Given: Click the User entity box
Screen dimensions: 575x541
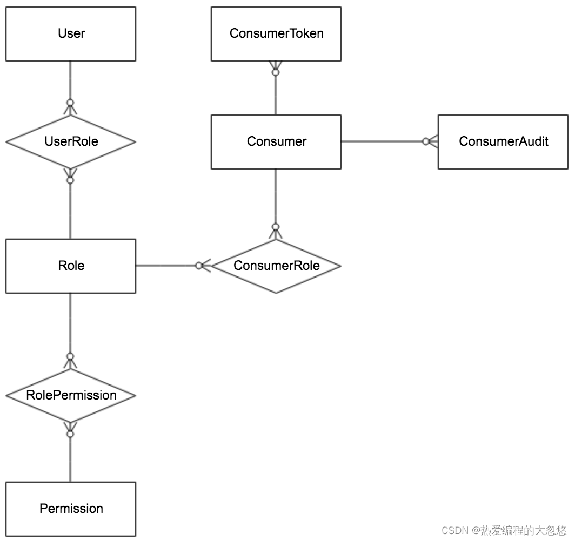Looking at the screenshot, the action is click(x=71, y=33).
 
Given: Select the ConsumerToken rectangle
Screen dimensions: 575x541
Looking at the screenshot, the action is click(x=276, y=33).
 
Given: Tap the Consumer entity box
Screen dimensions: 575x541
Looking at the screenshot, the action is click(x=276, y=142).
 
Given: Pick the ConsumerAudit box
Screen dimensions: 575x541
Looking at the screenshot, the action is click(x=503, y=142).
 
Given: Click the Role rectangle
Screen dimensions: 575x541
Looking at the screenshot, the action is click(x=71, y=266).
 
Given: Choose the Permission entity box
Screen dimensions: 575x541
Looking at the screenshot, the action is click(x=71, y=509).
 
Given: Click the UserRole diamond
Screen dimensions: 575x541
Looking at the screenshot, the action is click(x=71, y=142).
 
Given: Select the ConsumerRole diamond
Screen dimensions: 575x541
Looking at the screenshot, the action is click(x=276, y=266).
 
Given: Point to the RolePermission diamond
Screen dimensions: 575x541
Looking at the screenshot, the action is click(x=71, y=396).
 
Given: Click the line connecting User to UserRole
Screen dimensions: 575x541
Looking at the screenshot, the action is click(x=70, y=88).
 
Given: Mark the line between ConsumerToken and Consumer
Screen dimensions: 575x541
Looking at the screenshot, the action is click(x=276, y=88).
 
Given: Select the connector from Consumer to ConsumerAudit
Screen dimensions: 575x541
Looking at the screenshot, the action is click(x=390, y=141).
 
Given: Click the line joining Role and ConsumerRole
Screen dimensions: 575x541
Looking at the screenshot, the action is click(x=173, y=266).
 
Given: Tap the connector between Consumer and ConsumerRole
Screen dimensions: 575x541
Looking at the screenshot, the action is click(x=276, y=204).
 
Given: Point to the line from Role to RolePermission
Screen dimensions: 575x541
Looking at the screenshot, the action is click(x=70, y=331).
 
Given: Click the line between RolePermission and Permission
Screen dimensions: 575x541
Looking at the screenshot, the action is click(x=70, y=452).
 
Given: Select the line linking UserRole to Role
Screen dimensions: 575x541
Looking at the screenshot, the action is click(x=70, y=204).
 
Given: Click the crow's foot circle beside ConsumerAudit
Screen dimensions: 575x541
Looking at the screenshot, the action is click(x=426, y=141).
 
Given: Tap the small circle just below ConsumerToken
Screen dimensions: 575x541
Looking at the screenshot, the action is click(x=276, y=72).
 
